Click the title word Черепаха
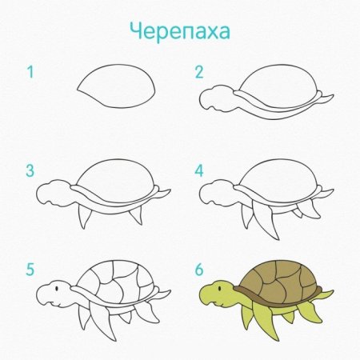click(x=180, y=30)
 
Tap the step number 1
click(x=31, y=73)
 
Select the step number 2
click(x=199, y=73)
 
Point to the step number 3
click(x=30, y=170)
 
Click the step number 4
click(x=199, y=170)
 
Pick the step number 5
click(x=30, y=270)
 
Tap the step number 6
click(x=199, y=270)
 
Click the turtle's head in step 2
click(x=214, y=98)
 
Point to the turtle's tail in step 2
click(x=324, y=98)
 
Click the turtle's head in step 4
click(x=214, y=192)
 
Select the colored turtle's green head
click(x=214, y=292)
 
